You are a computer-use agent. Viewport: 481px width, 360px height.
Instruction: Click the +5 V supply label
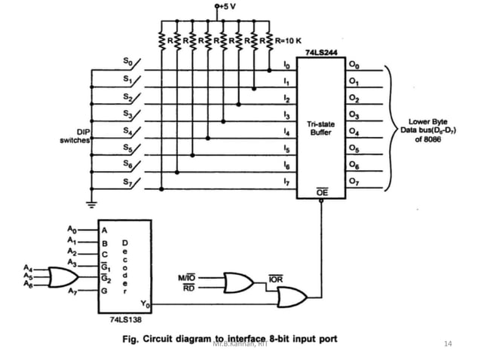[x=228, y=7]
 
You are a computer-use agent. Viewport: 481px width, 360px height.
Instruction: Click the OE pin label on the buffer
[x=322, y=193]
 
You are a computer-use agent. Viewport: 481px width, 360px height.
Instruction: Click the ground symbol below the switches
[x=91, y=202]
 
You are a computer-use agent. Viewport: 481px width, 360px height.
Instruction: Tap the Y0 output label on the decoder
[x=146, y=304]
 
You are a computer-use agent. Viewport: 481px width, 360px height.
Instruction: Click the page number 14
[x=449, y=344]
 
